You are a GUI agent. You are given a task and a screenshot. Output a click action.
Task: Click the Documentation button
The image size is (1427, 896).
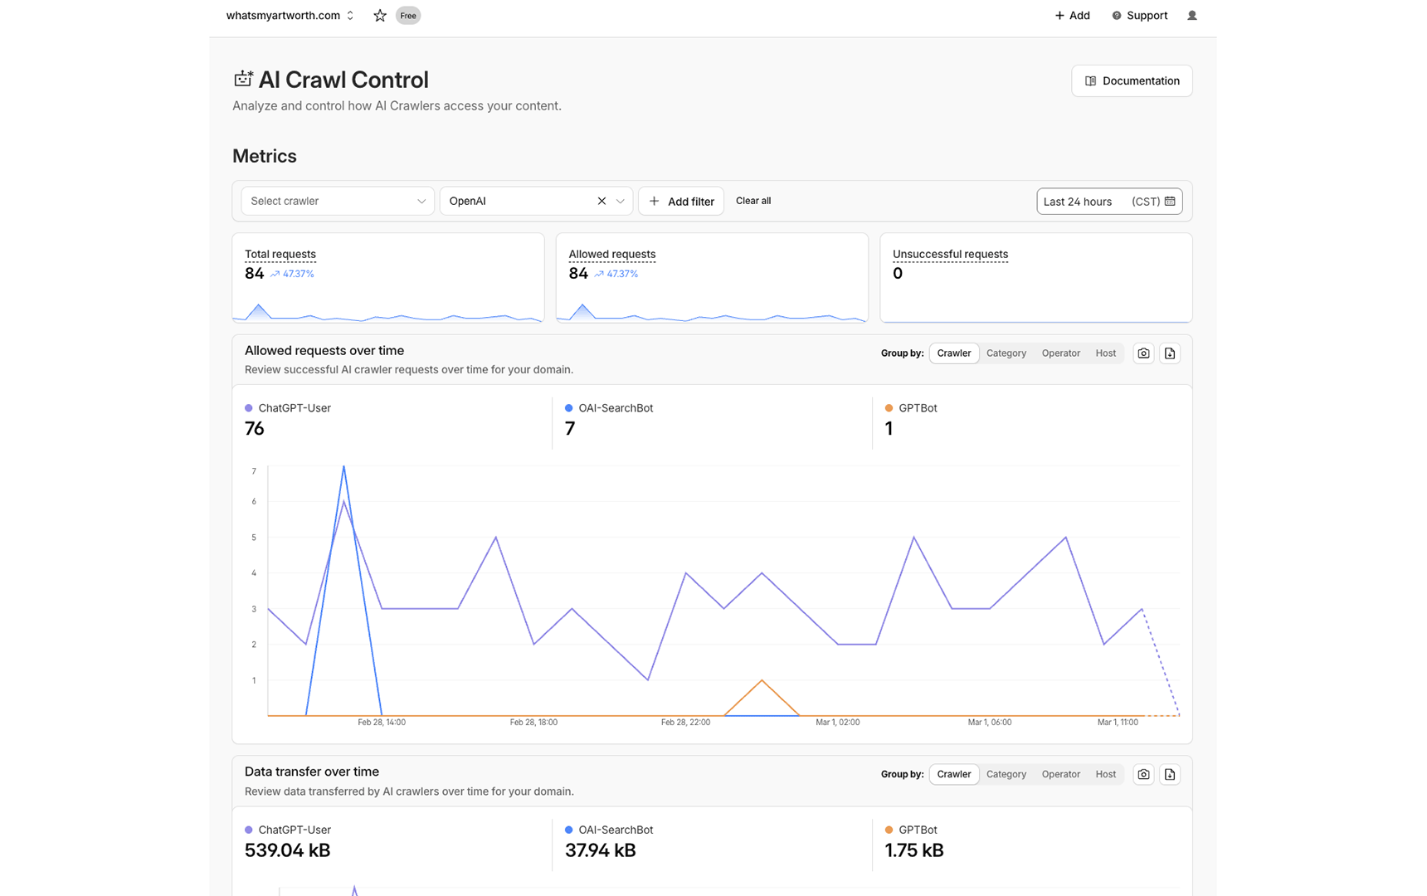pos(1132,81)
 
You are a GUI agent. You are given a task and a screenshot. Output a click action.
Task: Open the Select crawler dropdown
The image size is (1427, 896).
pos(337,202)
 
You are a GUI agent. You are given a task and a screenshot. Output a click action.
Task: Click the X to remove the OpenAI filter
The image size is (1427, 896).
pos(601,202)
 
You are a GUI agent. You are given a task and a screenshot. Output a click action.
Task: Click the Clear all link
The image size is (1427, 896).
pos(752,201)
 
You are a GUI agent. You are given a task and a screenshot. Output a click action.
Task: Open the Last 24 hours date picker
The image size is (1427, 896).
pos(1108,202)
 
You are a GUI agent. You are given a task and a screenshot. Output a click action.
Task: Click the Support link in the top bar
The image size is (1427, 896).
pos(1139,16)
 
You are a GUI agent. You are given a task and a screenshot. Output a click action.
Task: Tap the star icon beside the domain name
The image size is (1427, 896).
pos(380,16)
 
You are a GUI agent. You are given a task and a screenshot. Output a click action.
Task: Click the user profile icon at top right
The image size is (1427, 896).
pos(1191,16)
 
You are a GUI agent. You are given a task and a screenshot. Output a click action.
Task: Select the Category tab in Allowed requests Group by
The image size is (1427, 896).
pos(1006,353)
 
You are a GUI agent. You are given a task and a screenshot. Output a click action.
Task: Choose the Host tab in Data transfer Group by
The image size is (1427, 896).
pos(1105,775)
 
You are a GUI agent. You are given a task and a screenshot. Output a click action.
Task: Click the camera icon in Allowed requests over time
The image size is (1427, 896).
pos(1143,353)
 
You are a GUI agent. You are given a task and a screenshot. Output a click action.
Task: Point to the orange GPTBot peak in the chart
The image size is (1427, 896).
pos(762,681)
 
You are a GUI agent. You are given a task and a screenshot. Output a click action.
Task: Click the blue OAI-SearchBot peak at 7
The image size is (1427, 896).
pos(343,467)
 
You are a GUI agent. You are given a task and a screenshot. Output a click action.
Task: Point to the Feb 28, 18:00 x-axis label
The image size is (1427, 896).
pos(533,723)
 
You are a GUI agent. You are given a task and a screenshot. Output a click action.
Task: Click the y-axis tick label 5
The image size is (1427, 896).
pos(254,538)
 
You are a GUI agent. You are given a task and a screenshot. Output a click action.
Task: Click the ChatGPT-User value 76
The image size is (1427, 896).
pos(255,429)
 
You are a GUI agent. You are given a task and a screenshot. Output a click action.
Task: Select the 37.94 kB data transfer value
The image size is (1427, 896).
pos(600,850)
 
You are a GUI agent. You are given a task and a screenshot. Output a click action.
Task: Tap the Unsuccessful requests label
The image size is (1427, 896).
pos(950,255)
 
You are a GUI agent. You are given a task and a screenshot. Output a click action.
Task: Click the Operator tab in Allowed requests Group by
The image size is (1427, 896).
pos(1060,353)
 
